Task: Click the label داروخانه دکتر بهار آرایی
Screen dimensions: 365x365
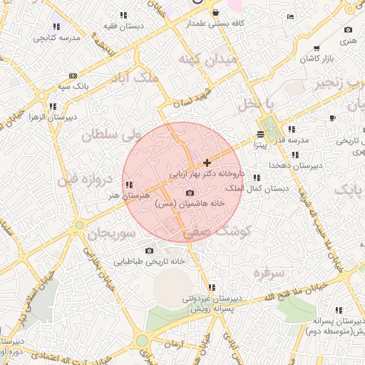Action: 207,173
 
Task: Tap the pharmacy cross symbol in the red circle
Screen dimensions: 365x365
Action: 207,163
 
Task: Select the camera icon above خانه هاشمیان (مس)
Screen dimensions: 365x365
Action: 190,192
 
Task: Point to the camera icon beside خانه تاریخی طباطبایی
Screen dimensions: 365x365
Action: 149,250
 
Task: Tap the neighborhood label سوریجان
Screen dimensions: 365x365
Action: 111,233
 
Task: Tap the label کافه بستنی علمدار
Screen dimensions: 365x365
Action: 216,23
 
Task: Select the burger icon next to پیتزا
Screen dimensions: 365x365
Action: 260,135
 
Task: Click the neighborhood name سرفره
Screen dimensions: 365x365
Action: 269,272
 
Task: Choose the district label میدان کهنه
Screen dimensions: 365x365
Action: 207,60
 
